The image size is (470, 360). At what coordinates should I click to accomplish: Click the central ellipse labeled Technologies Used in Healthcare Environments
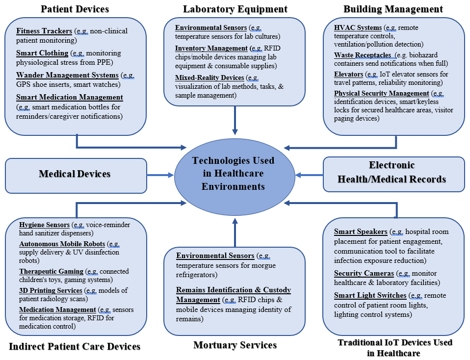point(233,174)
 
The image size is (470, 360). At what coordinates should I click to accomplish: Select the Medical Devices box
point(76,174)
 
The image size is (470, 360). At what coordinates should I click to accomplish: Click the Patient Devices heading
point(75,9)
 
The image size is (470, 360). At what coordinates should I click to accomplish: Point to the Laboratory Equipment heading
point(235,9)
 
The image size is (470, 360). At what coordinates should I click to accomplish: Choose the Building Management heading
point(392,9)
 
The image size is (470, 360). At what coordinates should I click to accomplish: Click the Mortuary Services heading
point(235,345)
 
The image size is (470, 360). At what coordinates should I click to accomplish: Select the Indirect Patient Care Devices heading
point(75,346)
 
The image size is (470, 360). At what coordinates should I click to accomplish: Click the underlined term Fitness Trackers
point(44,31)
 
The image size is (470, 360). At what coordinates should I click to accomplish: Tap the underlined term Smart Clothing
point(42,53)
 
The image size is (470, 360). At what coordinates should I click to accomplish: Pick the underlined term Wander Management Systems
point(67,75)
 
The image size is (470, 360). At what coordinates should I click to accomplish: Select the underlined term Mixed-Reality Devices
point(209,77)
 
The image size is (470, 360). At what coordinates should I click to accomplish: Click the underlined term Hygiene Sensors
point(45,225)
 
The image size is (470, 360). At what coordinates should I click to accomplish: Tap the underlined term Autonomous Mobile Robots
point(62,244)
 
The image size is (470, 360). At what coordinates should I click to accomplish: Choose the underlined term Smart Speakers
point(361,231)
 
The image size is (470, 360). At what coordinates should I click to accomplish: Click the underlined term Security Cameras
point(364,273)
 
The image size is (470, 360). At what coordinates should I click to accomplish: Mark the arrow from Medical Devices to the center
point(160,175)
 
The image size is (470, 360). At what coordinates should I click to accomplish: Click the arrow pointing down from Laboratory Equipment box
point(235,120)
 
